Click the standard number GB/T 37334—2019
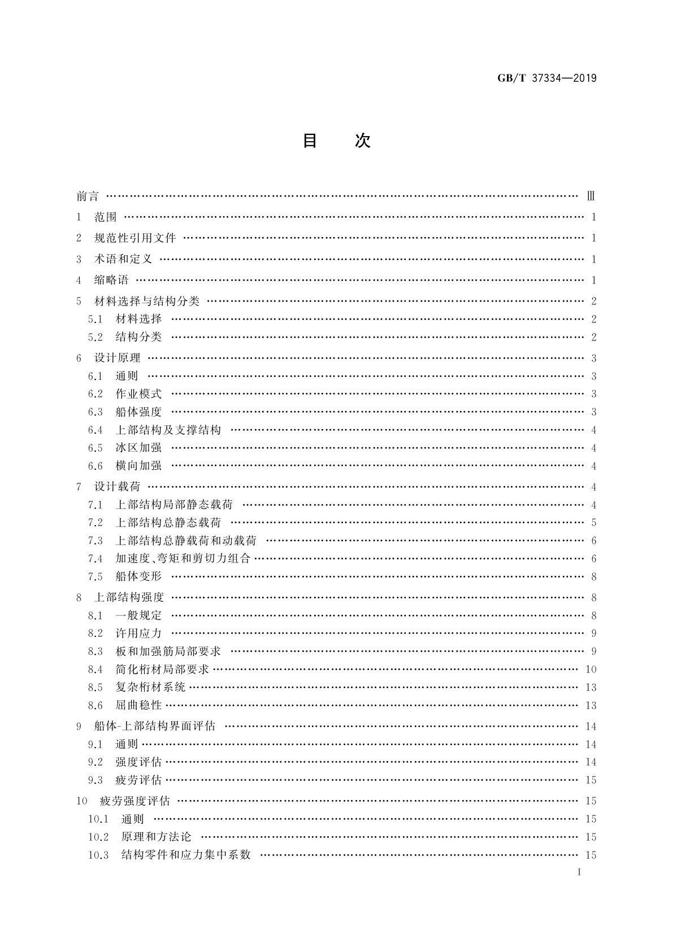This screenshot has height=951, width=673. point(546,78)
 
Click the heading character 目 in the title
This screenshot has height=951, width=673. point(310,141)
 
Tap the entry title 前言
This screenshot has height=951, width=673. point(88,197)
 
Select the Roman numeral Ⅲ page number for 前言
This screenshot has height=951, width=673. point(591,197)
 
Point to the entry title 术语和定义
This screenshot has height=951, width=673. point(123,259)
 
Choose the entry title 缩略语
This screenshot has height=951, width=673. point(111,280)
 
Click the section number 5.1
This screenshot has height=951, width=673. point(95,319)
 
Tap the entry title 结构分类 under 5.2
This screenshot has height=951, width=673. point(138,337)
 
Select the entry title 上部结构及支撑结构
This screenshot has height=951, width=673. point(168,430)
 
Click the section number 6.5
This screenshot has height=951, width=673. point(95,448)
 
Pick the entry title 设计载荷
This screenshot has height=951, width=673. point(117,487)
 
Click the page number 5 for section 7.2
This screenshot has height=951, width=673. point(594,523)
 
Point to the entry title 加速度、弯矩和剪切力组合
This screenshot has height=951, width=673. point(183,559)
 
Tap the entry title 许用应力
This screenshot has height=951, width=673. point(138,634)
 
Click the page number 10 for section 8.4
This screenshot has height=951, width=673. point(591,670)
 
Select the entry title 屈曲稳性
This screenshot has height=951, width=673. point(138,705)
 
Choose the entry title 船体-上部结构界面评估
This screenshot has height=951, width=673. point(155,726)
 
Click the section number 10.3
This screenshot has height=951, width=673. point(98,855)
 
